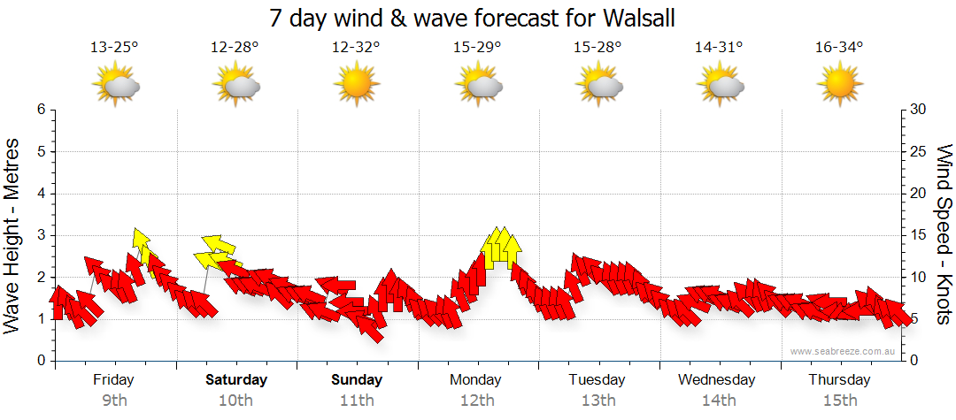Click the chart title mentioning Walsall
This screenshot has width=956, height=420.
pyautogui.click(x=478, y=17)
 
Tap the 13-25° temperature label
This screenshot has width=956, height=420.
pyautogui.click(x=114, y=47)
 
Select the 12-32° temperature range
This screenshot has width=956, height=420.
pyautogui.click(x=356, y=47)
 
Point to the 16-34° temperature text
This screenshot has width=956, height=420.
pyautogui.click(x=839, y=47)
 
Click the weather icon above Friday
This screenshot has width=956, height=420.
pyautogui.click(x=116, y=85)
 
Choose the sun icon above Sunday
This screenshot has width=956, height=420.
pyautogui.click(x=356, y=85)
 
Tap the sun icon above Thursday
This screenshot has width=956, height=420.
pyautogui.click(x=839, y=85)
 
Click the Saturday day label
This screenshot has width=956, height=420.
pyautogui.click(x=236, y=380)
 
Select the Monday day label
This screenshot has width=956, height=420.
pyautogui.click(x=475, y=380)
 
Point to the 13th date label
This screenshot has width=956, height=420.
pyautogui.click(x=598, y=401)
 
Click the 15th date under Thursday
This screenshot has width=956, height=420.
pyautogui.click(x=839, y=401)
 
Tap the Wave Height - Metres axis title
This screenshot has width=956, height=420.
pyautogui.click(x=13, y=234)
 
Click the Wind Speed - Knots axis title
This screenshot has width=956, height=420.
pyautogui.click(x=943, y=234)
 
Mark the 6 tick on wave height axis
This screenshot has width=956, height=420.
pyautogui.click(x=41, y=110)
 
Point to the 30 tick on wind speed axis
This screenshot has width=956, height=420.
pyautogui.click(x=919, y=110)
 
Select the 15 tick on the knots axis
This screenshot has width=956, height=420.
pyautogui.click(x=919, y=235)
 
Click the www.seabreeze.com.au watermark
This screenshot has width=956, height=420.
pyautogui.click(x=844, y=351)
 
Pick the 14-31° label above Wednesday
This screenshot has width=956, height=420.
pyautogui.click(x=718, y=47)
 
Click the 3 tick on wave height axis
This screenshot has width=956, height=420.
pyautogui.click(x=41, y=235)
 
